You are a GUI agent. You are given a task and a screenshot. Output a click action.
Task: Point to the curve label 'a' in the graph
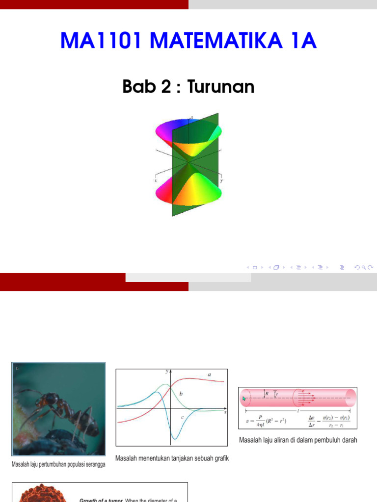click(x=210, y=375)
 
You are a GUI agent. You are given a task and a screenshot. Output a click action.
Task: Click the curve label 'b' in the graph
click(x=181, y=394)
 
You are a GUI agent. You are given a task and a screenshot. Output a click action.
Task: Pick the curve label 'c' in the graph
click(x=182, y=417)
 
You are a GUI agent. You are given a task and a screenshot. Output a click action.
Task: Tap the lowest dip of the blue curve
click(x=174, y=439)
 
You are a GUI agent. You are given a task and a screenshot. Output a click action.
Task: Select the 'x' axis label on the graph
click(x=225, y=412)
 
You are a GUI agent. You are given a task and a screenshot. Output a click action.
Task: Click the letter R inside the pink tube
click(x=266, y=392)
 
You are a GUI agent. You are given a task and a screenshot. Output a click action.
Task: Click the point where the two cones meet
click(x=188, y=164)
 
